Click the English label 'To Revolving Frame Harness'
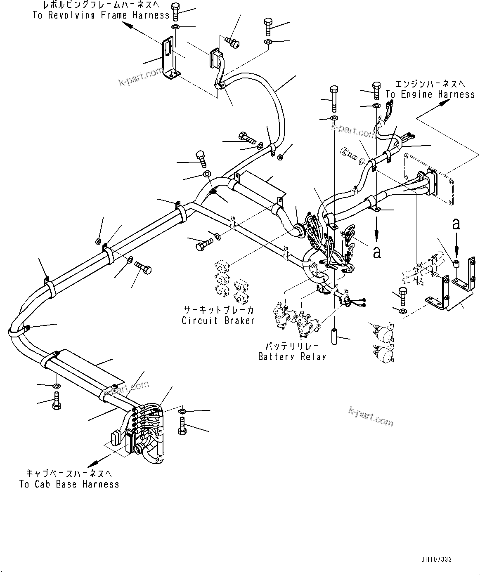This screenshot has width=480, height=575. pyautogui.click(x=101, y=15)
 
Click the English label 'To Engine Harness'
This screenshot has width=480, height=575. pyautogui.click(x=430, y=94)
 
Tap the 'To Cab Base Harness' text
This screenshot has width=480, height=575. pyautogui.click(x=69, y=484)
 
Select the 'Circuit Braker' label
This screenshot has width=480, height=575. pyautogui.click(x=218, y=320)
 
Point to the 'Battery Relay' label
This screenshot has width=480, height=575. pyautogui.click(x=292, y=356)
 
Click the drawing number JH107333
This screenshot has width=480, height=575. pyautogui.click(x=436, y=560)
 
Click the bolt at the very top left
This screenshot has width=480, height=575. pyautogui.click(x=175, y=11)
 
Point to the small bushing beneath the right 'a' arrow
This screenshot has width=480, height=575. pyautogui.click(x=456, y=263)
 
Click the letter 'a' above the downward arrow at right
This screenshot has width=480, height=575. pyautogui.click(x=456, y=224)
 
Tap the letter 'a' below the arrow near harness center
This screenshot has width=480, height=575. pyautogui.click(x=376, y=252)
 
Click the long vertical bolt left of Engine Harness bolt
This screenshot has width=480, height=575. pyautogui.click(x=334, y=99)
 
